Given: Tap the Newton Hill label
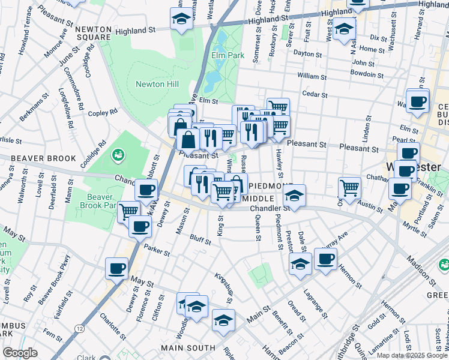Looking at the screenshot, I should point(157,84).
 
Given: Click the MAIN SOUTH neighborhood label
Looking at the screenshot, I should point(187,348).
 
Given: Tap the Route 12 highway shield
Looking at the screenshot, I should point(79,328).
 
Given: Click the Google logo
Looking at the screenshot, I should point(20,353).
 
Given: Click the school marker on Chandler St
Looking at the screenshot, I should point(294,195).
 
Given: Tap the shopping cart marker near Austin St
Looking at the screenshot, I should point(349,187).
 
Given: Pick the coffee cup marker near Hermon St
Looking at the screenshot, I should point(325,259).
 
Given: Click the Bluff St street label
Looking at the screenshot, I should point(200,241).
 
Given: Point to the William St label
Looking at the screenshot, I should point(312,77).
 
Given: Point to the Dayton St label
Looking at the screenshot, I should point(308,53).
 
